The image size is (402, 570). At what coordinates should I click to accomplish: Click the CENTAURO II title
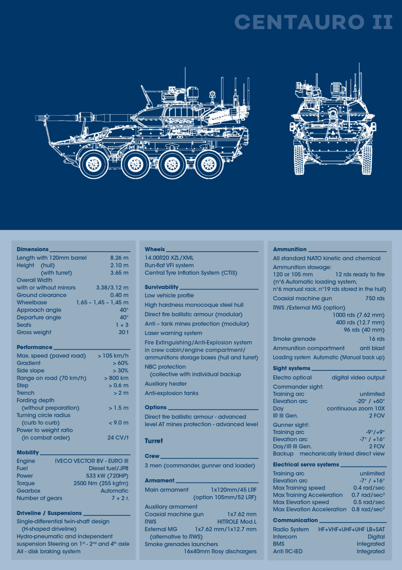pyautogui.click(x=314, y=22)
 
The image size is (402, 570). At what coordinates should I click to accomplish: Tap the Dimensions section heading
pyautogui.click(x=33, y=250)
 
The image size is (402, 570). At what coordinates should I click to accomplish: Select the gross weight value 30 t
pyautogui.click(x=123, y=332)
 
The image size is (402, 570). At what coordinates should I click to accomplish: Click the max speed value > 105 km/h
pyautogui.click(x=113, y=356)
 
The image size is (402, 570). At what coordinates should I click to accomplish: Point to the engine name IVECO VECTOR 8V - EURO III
pyautogui.click(x=92, y=461)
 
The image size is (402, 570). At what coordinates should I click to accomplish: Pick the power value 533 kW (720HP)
pyautogui.click(x=107, y=476)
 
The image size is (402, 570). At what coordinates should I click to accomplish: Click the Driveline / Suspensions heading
pyautogui.click(x=49, y=513)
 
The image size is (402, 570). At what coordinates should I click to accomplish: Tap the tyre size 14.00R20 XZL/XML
pyautogui.click(x=169, y=258)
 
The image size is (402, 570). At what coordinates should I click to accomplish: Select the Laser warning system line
pyautogui.click(x=173, y=333)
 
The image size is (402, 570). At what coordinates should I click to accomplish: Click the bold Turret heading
pyautogui.click(x=154, y=441)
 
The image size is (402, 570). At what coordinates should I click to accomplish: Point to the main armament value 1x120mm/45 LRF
pyautogui.click(x=234, y=490)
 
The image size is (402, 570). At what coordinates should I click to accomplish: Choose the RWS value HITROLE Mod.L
pyautogui.click(x=237, y=522)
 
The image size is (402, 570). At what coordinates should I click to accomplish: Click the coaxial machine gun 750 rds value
pyautogui.click(x=375, y=298)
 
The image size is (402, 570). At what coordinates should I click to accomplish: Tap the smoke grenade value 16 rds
pyautogui.click(x=377, y=339)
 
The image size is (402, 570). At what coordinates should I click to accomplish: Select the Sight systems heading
pyautogui.click(x=292, y=368)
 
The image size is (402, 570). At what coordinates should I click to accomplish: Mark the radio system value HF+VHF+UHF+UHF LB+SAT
pyautogui.click(x=351, y=529)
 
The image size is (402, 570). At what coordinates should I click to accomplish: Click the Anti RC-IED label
pyautogui.click(x=288, y=552)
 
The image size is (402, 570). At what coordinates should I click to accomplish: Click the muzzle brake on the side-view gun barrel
pyautogui.click(x=43, y=118)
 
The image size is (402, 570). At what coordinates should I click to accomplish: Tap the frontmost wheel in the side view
pyautogui.click(x=94, y=165)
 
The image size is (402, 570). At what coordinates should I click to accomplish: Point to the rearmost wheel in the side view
pyautogui.click(x=209, y=165)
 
